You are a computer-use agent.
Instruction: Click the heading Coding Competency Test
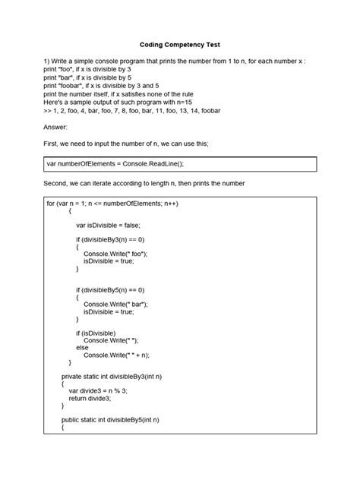(x=179, y=44)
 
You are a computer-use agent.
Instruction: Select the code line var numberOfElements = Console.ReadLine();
(x=115, y=163)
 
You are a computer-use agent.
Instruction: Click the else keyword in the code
(x=82, y=347)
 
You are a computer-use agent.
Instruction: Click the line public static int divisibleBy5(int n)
(x=115, y=419)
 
